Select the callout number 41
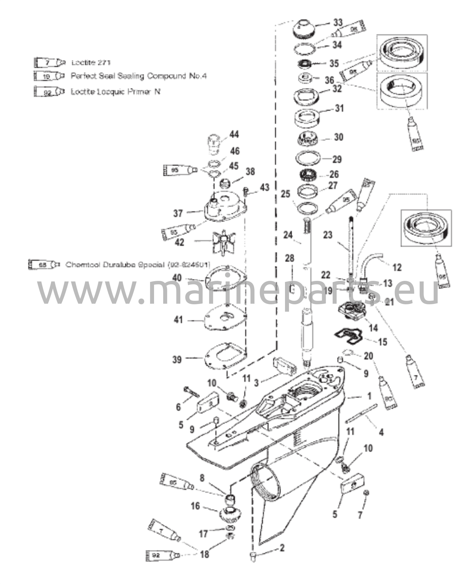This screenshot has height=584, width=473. coord(178,320)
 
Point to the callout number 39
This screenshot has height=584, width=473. coord(177,359)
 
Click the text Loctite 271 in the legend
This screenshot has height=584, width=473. coord(91,62)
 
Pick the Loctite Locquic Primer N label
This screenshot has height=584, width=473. coord(115,92)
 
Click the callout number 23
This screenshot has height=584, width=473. coord(328,235)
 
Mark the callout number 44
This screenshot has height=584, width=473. coord(234,134)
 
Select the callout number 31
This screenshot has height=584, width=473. coord(339,108)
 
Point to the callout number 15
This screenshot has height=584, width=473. coord(382,341)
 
